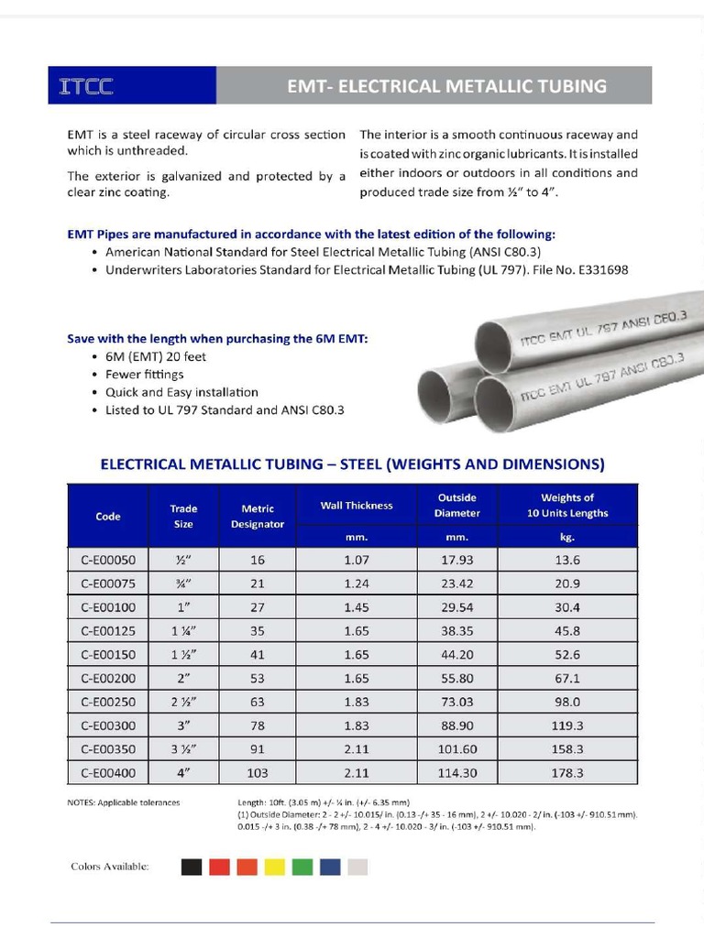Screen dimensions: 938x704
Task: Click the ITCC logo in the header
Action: coord(87,87)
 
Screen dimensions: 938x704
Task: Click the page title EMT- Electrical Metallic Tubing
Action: coord(446,86)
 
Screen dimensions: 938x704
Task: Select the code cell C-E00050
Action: coord(108,560)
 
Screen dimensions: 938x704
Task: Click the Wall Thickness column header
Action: coord(357,506)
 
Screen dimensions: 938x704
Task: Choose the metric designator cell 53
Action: coord(258,678)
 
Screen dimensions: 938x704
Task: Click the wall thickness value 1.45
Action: coord(357,607)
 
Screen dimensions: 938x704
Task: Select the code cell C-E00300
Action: coord(108,725)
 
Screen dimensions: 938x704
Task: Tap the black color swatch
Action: coord(192,867)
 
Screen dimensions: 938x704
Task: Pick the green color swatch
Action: coord(302,867)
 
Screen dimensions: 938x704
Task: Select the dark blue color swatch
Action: coord(330,867)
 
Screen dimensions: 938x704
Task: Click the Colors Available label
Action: coord(110,867)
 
